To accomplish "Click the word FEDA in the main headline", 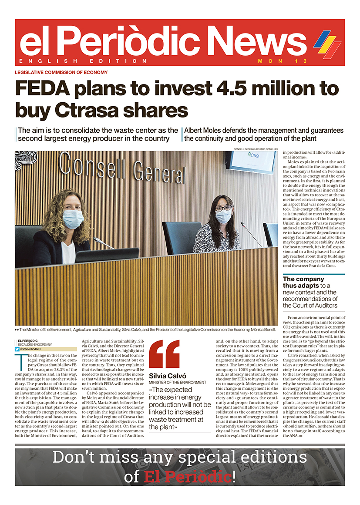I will [x=42, y=88].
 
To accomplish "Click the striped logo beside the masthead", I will [x=327, y=44].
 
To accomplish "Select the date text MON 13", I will [x=282, y=61].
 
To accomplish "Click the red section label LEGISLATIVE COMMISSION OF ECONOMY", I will [x=61, y=72].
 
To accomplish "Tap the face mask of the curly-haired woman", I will [x=73, y=219].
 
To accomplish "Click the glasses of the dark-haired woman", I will [x=223, y=208].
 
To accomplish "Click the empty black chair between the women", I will [x=182, y=237].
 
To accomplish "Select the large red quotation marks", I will [x=164, y=354].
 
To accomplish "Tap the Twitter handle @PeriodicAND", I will [x=33, y=349].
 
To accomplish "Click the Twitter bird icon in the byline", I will [x=17, y=349].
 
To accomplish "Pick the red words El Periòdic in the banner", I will [x=187, y=477].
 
